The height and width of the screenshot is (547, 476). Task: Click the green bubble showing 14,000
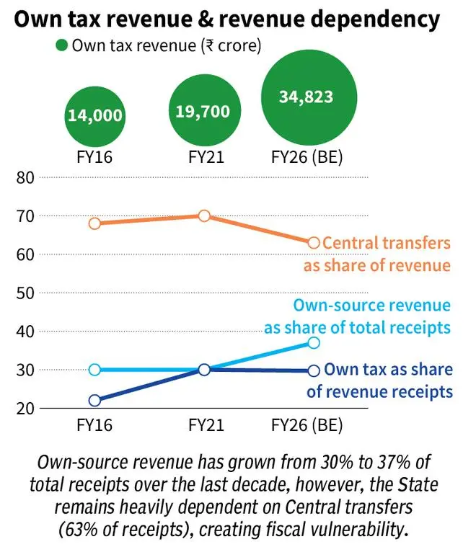(x=96, y=115)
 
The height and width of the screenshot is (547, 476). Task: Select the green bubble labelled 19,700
(x=203, y=111)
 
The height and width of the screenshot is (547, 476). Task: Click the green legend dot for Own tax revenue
(x=62, y=45)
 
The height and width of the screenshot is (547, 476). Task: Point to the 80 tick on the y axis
(x=25, y=177)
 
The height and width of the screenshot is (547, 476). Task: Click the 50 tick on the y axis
(x=25, y=293)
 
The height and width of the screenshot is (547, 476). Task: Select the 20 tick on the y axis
(x=25, y=408)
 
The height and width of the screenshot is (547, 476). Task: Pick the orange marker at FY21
(x=204, y=216)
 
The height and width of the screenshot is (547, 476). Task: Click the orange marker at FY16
(x=95, y=223)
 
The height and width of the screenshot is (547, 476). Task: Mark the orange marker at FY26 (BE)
(x=314, y=243)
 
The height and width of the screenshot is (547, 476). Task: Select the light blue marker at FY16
(x=95, y=370)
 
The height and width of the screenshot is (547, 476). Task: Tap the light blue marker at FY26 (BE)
(x=314, y=343)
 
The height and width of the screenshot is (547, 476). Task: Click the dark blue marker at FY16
(x=95, y=401)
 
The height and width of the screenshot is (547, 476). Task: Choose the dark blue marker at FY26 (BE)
(x=314, y=370)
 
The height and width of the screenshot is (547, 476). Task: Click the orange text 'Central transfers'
(x=387, y=244)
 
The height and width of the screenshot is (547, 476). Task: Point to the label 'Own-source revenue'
(x=372, y=306)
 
